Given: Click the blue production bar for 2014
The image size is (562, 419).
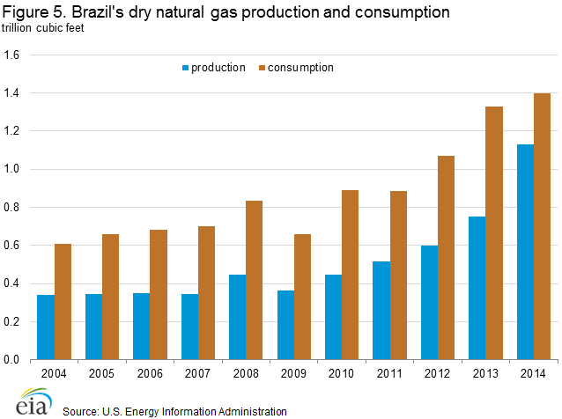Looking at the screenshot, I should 525,252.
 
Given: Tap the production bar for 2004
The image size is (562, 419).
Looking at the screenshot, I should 46,327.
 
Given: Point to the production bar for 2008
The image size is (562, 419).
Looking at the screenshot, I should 238,317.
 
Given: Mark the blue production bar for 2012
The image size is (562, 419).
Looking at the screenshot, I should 430,303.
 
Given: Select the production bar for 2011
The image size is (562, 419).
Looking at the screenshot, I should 381,311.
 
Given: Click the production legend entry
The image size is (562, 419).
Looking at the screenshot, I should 212,68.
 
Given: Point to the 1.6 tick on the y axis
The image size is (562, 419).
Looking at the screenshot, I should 15,55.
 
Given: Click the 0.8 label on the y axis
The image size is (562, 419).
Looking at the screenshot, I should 15,207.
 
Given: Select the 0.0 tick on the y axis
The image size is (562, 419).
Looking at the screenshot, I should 15,359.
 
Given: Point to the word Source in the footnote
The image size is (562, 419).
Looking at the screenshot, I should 81,410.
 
